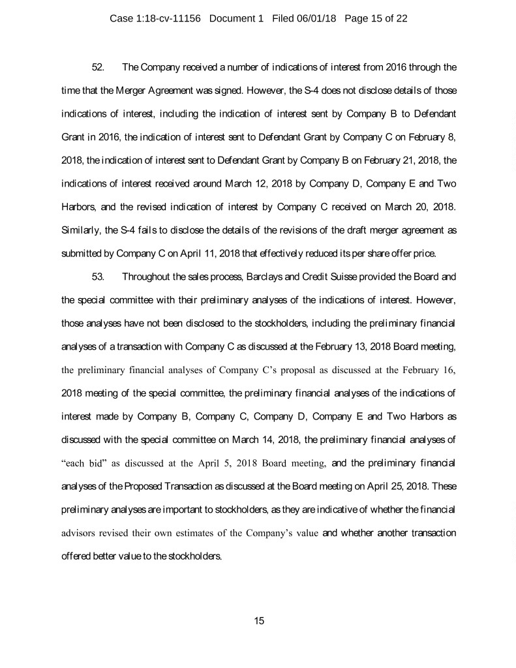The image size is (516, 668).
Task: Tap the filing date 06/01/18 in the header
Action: (314, 18)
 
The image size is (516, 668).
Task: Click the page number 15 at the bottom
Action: (258, 620)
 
